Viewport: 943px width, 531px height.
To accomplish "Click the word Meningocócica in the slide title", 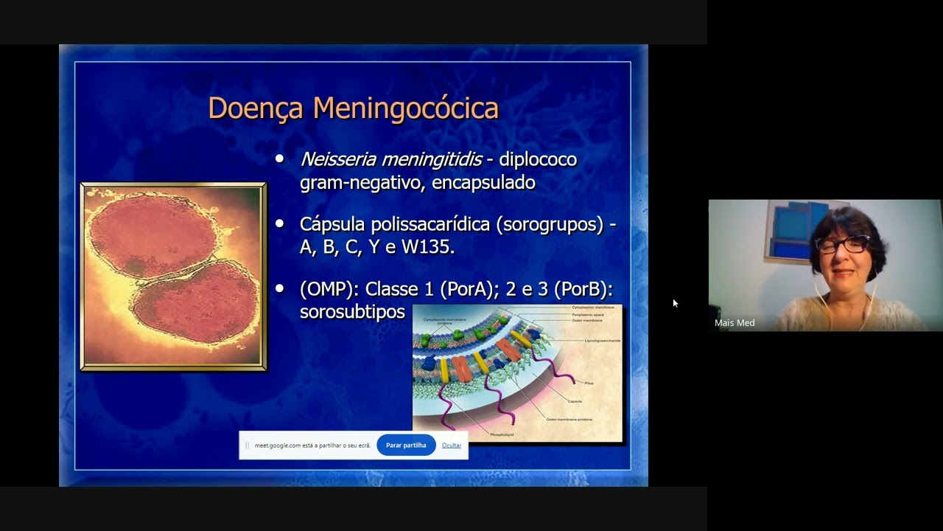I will pos(405,108).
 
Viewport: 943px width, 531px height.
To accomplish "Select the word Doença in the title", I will pos(255,109).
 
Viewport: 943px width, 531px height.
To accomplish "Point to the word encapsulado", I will pos(483,182).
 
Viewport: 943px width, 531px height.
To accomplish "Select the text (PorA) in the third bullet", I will pos(466,289).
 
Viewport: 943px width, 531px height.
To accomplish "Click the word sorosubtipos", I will pos(352,312).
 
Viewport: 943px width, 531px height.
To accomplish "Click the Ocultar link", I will pos(452,445).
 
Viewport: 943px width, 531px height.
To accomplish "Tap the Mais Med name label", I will pos(735,323).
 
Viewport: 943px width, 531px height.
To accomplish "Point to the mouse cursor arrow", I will pos(675,302).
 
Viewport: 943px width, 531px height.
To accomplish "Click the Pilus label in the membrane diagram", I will pos(589,383).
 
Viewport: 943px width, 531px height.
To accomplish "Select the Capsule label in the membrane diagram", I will pos(575,401).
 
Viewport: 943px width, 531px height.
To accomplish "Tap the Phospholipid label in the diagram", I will pos(502,435).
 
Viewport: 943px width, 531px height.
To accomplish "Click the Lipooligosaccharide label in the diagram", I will pos(603,341).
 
